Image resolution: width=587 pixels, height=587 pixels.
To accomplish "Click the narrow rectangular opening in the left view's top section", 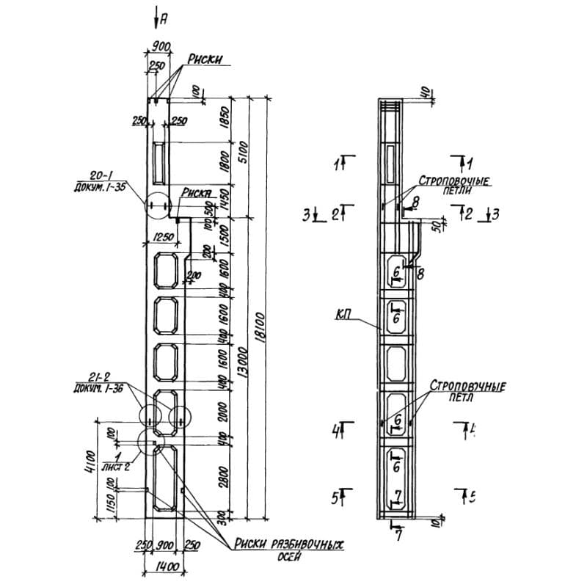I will pos(158,162).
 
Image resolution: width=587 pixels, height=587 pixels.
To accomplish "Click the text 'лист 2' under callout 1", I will pos(115,467).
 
